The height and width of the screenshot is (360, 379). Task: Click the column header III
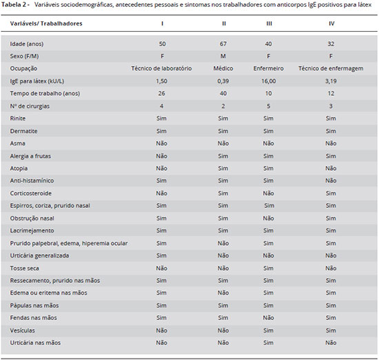pyautogui.click(x=269, y=23)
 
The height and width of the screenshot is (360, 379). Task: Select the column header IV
pyautogui.click(x=331, y=23)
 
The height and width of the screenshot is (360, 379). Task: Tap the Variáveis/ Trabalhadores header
pyautogui.click(x=46, y=23)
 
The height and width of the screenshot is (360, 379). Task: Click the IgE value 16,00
pyautogui.click(x=268, y=81)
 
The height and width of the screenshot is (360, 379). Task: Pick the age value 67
pyautogui.click(x=223, y=44)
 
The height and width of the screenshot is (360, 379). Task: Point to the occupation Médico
pyautogui.click(x=223, y=69)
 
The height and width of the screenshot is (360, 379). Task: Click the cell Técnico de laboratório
pyautogui.click(x=161, y=69)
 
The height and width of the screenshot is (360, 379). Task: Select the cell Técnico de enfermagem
pyautogui.click(x=331, y=69)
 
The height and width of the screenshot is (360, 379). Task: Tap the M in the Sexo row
pyautogui.click(x=223, y=56)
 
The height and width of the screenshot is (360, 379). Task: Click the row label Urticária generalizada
pyautogui.click(x=39, y=255)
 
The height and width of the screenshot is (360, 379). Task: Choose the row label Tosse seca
pyautogui.click(x=24, y=268)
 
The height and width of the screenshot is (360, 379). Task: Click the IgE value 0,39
pyautogui.click(x=223, y=81)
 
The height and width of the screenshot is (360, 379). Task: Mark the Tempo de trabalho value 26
pyautogui.click(x=161, y=94)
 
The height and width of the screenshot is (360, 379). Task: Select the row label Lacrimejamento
pyautogui.click(x=32, y=231)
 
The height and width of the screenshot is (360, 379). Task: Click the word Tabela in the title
pyautogui.click(x=11, y=5)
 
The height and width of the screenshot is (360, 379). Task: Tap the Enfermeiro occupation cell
pyautogui.click(x=268, y=69)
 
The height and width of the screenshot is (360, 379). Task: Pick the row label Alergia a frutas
pyautogui.click(x=30, y=156)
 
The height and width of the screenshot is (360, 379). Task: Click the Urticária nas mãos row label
pyautogui.click(x=35, y=343)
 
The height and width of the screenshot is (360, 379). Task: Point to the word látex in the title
pyautogui.click(x=365, y=5)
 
